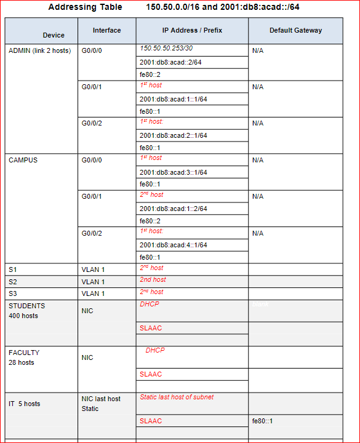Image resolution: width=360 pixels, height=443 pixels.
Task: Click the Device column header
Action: coord(54,35)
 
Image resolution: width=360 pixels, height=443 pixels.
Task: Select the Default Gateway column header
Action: coord(295,30)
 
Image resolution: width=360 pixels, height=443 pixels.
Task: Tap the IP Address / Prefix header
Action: coord(192,30)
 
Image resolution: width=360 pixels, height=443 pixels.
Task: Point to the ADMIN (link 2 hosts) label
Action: coord(39,50)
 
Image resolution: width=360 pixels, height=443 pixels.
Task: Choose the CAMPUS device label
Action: coord(23,160)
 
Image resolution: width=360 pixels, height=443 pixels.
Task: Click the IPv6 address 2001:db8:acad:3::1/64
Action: coord(173,172)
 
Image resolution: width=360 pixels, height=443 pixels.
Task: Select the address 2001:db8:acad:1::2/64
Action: coord(173,209)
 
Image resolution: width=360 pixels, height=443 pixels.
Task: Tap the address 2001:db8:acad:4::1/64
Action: coord(173,245)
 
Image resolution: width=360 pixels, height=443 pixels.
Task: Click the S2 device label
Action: coord(13,282)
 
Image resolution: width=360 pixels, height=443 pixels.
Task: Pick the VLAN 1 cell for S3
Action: coord(93,293)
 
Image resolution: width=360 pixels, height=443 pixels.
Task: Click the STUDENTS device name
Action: coord(26,306)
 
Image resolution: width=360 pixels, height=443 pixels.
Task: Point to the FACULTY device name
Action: coord(24,353)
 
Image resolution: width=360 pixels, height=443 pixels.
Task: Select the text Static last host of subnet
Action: coord(177,397)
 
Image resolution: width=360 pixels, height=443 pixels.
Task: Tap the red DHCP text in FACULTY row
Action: coord(155,350)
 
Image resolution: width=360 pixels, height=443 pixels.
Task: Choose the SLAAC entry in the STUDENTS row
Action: coord(151,328)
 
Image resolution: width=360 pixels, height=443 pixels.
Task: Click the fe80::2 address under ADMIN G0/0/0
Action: coord(150,74)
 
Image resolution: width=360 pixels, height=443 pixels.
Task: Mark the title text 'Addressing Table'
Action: coord(81,7)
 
